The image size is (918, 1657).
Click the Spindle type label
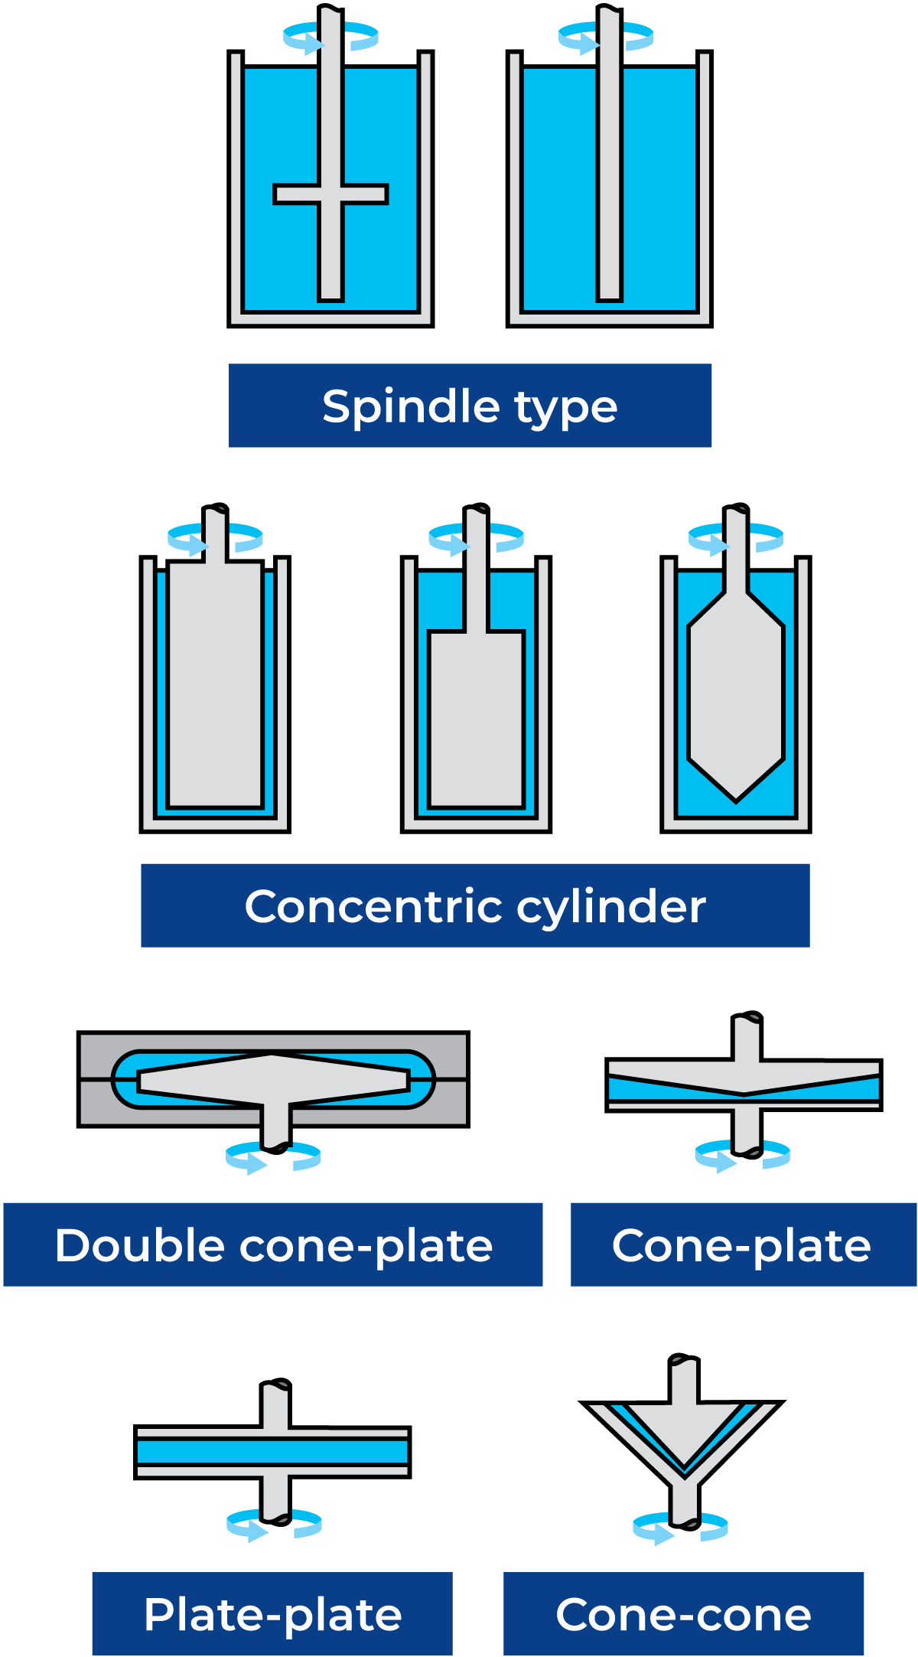pos(470,406)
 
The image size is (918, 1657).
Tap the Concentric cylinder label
pos(475,905)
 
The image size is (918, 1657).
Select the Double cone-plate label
pos(273,1244)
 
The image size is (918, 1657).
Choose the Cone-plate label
pos(743,1244)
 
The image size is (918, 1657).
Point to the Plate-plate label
pos(272,1613)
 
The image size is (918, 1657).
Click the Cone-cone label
pos(683,1613)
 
